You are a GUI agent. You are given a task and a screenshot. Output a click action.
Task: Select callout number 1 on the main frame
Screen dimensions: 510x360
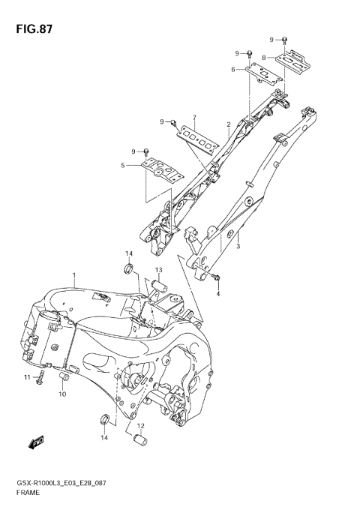click(x=74, y=276)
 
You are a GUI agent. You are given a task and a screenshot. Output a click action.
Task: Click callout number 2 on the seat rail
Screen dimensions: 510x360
click(x=228, y=124)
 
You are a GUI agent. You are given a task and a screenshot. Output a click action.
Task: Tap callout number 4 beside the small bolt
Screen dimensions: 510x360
click(x=218, y=294)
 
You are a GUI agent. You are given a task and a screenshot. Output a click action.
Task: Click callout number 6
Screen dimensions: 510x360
click(x=233, y=70)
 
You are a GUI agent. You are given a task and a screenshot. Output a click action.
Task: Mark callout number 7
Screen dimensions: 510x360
click(x=193, y=118)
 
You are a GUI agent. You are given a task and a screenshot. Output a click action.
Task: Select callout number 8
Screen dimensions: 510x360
click(x=264, y=57)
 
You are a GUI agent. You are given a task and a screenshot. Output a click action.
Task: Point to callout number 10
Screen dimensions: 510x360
click(x=62, y=394)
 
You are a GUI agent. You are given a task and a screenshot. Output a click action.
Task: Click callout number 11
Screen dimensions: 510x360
click(x=25, y=376)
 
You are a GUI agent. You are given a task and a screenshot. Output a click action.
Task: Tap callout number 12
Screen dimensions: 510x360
click(x=140, y=426)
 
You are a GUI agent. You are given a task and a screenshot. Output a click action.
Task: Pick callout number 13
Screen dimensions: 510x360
click(x=159, y=270)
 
